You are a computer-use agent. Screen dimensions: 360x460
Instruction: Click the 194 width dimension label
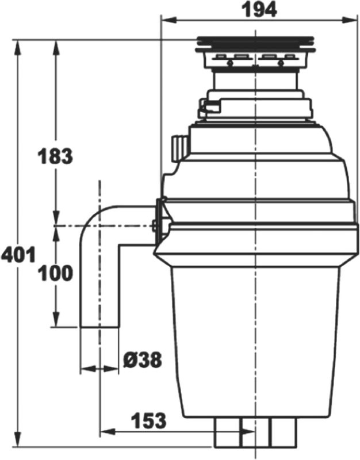(x=259, y=9)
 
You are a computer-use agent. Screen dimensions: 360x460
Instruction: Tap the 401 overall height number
(x=18, y=254)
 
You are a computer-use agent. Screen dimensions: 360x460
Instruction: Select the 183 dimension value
(x=55, y=156)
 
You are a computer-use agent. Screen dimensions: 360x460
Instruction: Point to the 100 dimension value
(x=56, y=273)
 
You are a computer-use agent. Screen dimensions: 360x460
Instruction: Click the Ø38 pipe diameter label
(x=142, y=360)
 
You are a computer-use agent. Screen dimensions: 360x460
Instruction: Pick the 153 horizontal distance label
(x=148, y=421)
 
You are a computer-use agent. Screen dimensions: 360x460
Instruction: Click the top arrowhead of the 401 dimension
(x=18, y=48)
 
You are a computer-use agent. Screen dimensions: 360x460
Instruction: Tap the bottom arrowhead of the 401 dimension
(x=18, y=439)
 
